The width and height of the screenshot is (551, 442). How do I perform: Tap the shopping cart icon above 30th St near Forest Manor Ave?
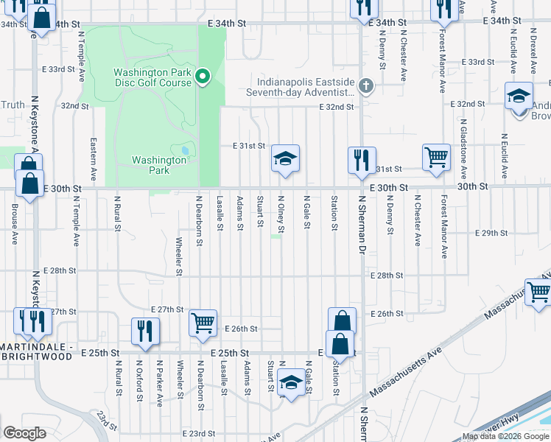click(436, 156)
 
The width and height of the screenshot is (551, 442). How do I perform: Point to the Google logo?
click(24, 433)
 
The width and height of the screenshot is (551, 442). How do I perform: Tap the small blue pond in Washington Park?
click(183, 151)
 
